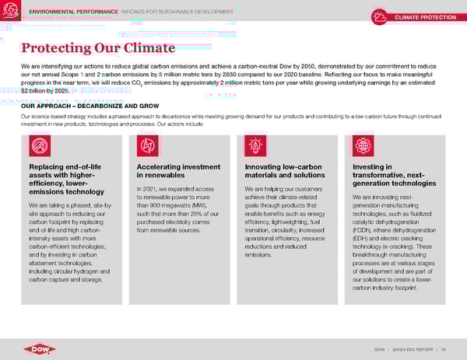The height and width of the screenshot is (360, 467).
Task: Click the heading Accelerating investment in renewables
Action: [178, 171]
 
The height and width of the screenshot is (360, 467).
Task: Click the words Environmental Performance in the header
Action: [72, 12]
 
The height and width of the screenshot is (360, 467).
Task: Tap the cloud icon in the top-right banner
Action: [380, 17]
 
